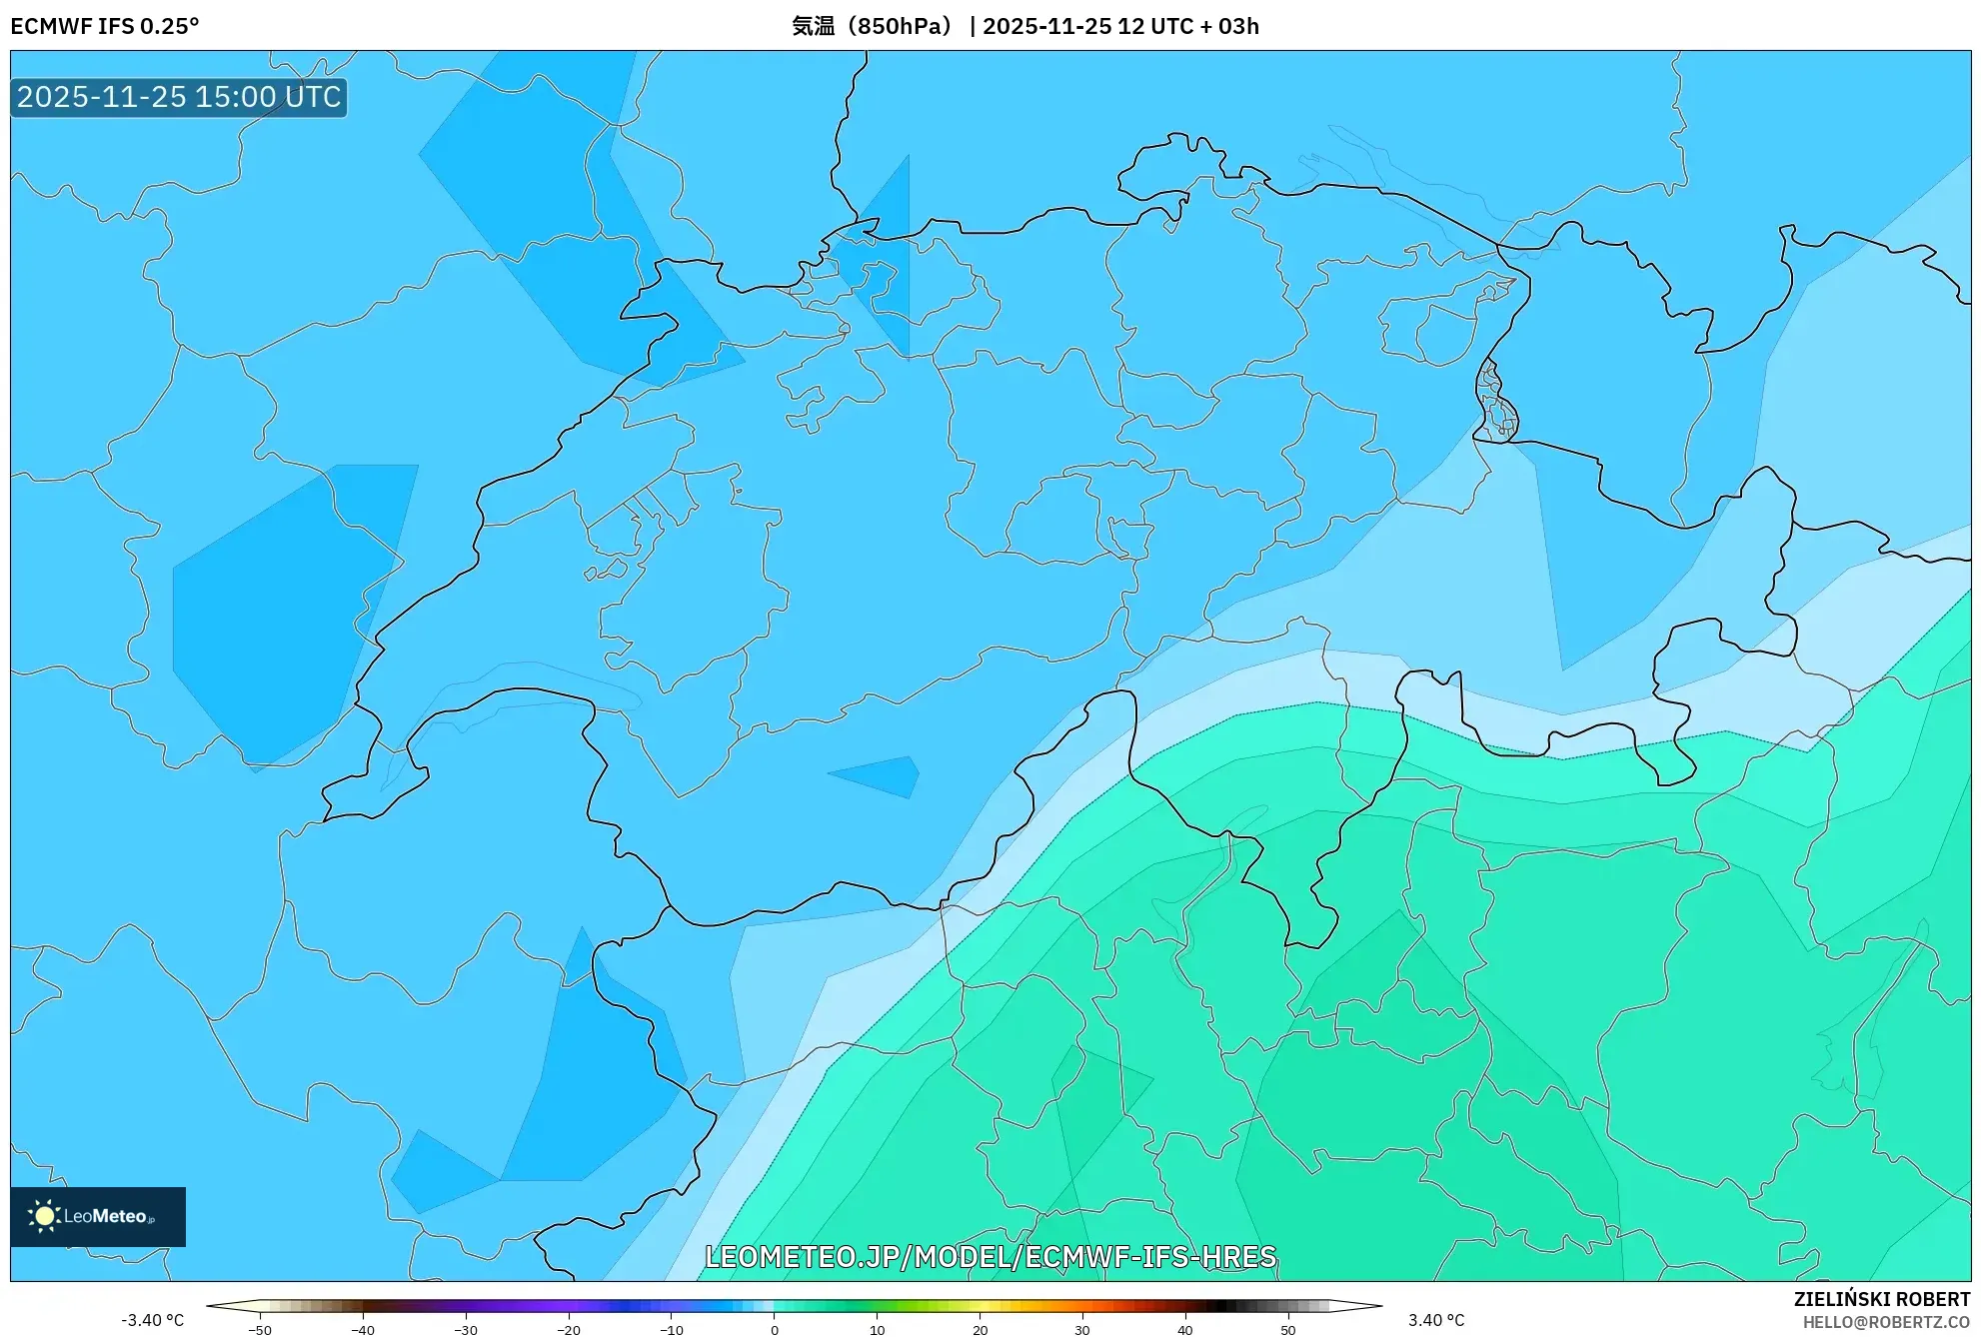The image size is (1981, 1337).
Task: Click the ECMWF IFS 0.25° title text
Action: coord(104,26)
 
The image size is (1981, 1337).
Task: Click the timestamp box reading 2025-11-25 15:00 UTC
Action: coord(179,97)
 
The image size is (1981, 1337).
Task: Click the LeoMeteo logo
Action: coord(97,1216)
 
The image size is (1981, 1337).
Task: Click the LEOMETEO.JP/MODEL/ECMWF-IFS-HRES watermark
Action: coord(990,1256)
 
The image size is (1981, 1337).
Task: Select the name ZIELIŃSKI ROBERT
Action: coord(1881,1299)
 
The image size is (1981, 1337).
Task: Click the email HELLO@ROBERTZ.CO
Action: coord(1885,1322)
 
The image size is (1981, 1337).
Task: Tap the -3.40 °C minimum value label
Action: coord(152,1320)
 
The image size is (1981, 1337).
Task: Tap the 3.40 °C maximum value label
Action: coord(1436,1320)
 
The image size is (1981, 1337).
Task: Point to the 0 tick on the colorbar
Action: coord(774,1330)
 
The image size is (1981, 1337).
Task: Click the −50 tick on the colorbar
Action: coord(260,1330)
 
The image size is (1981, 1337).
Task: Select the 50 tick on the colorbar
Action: coord(1287,1330)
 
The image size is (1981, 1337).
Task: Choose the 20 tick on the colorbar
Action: coord(980,1330)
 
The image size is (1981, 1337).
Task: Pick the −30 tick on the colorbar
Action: coord(466,1330)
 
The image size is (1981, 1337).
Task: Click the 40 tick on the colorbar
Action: coord(1184,1330)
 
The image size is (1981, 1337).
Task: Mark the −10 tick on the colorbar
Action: coord(672,1330)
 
